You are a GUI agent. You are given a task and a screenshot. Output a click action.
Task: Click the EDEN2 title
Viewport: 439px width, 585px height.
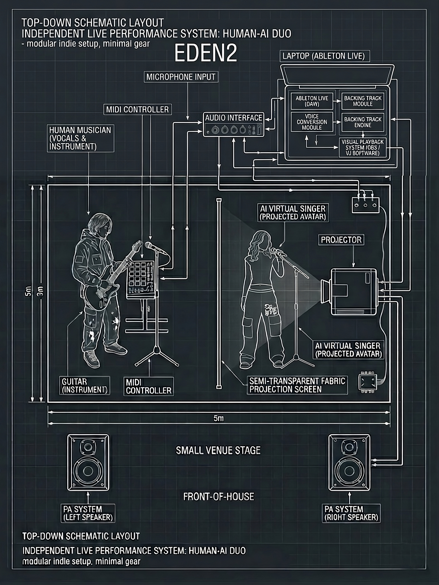pyautogui.click(x=206, y=54)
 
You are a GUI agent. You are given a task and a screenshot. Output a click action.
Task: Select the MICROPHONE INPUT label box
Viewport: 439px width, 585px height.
pyautogui.click(x=181, y=77)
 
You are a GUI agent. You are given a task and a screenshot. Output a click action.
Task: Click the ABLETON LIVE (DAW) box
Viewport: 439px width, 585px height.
pyautogui.click(x=312, y=101)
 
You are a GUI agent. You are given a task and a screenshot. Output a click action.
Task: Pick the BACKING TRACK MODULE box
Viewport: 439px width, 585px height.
pyautogui.click(x=363, y=101)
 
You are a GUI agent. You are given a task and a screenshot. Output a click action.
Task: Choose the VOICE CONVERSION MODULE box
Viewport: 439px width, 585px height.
pyautogui.click(x=312, y=122)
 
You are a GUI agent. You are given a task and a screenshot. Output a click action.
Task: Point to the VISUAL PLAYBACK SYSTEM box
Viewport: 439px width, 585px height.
pyautogui.click(x=362, y=148)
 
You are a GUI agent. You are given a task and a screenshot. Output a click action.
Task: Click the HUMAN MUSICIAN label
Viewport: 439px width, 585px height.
pyautogui.click(x=80, y=138)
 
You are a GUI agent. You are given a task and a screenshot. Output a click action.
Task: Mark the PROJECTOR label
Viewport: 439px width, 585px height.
pyautogui.click(x=341, y=240)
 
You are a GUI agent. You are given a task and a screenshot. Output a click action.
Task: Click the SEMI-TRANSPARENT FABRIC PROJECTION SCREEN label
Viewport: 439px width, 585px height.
pyautogui.click(x=297, y=385)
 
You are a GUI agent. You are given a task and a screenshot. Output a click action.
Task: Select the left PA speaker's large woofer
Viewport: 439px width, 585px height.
pyautogui.click(x=88, y=471)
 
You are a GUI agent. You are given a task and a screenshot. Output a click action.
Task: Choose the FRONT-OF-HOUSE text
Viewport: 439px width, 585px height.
pyautogui.click(x=218, y=496)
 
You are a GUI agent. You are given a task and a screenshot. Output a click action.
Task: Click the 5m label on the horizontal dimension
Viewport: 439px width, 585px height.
pyautogui.click(x=218, y=419)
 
